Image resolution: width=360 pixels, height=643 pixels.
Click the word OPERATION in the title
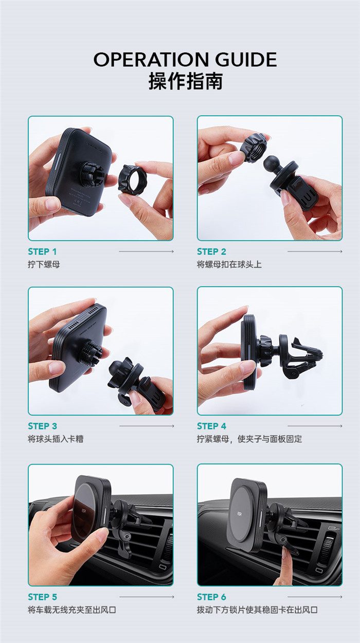[151, 60]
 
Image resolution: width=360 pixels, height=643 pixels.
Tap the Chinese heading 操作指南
[186, 81]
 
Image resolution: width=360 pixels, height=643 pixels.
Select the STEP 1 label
[42, 252]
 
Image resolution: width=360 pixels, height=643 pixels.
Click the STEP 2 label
[211, 252]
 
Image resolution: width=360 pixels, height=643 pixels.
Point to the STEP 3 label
[42, 426]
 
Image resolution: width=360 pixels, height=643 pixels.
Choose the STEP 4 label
[211, 426]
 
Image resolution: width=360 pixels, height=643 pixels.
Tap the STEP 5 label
[42, 597]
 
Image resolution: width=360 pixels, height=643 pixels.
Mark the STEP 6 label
[211, 597]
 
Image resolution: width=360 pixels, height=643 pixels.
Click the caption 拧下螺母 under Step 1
[44, 264]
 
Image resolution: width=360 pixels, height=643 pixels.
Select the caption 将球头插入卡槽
[56, 439]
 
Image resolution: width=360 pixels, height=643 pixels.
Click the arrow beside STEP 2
[315, 252]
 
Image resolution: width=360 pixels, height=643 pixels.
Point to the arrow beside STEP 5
[147, 597]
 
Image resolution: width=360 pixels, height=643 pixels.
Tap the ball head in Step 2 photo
[271, 164]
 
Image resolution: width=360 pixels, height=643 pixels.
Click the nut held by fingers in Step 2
[254, 147]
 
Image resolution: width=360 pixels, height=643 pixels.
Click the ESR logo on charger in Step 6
[240, 513]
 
